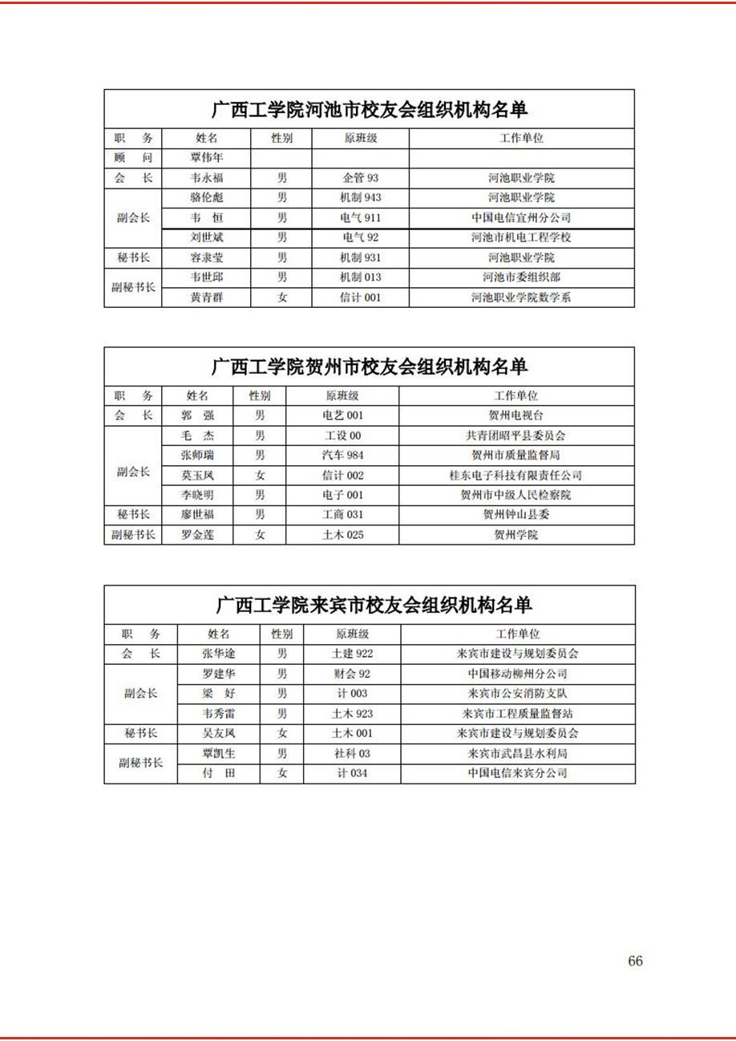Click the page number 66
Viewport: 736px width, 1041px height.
click(635, 961)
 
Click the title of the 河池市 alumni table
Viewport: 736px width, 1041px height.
click(369, 109)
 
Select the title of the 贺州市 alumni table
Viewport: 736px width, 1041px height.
click(369, 367)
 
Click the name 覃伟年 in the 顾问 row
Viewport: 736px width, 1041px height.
click(207, 158)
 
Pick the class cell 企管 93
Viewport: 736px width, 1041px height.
click(360, 178)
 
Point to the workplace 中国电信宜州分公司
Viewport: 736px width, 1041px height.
click(521, 217)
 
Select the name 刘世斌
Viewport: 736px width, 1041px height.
click(207, 237)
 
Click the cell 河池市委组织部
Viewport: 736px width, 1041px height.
click(521, 277)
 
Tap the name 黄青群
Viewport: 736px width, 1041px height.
click(207, 298)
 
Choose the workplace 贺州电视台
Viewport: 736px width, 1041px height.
click(516, 415)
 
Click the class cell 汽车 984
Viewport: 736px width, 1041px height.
click(342, 455)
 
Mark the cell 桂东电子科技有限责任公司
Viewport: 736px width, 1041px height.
click(516, 475)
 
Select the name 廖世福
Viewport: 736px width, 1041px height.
click(197, 514)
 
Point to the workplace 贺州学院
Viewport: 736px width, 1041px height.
click(516, 534)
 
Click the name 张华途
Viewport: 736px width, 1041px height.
click(219, 654)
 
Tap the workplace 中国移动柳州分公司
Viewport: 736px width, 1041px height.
click(518, 674)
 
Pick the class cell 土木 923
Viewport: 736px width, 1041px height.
click(352, 713)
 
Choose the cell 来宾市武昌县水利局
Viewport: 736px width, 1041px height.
click(518, 753)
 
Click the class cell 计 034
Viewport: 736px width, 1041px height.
click(352, 773)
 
